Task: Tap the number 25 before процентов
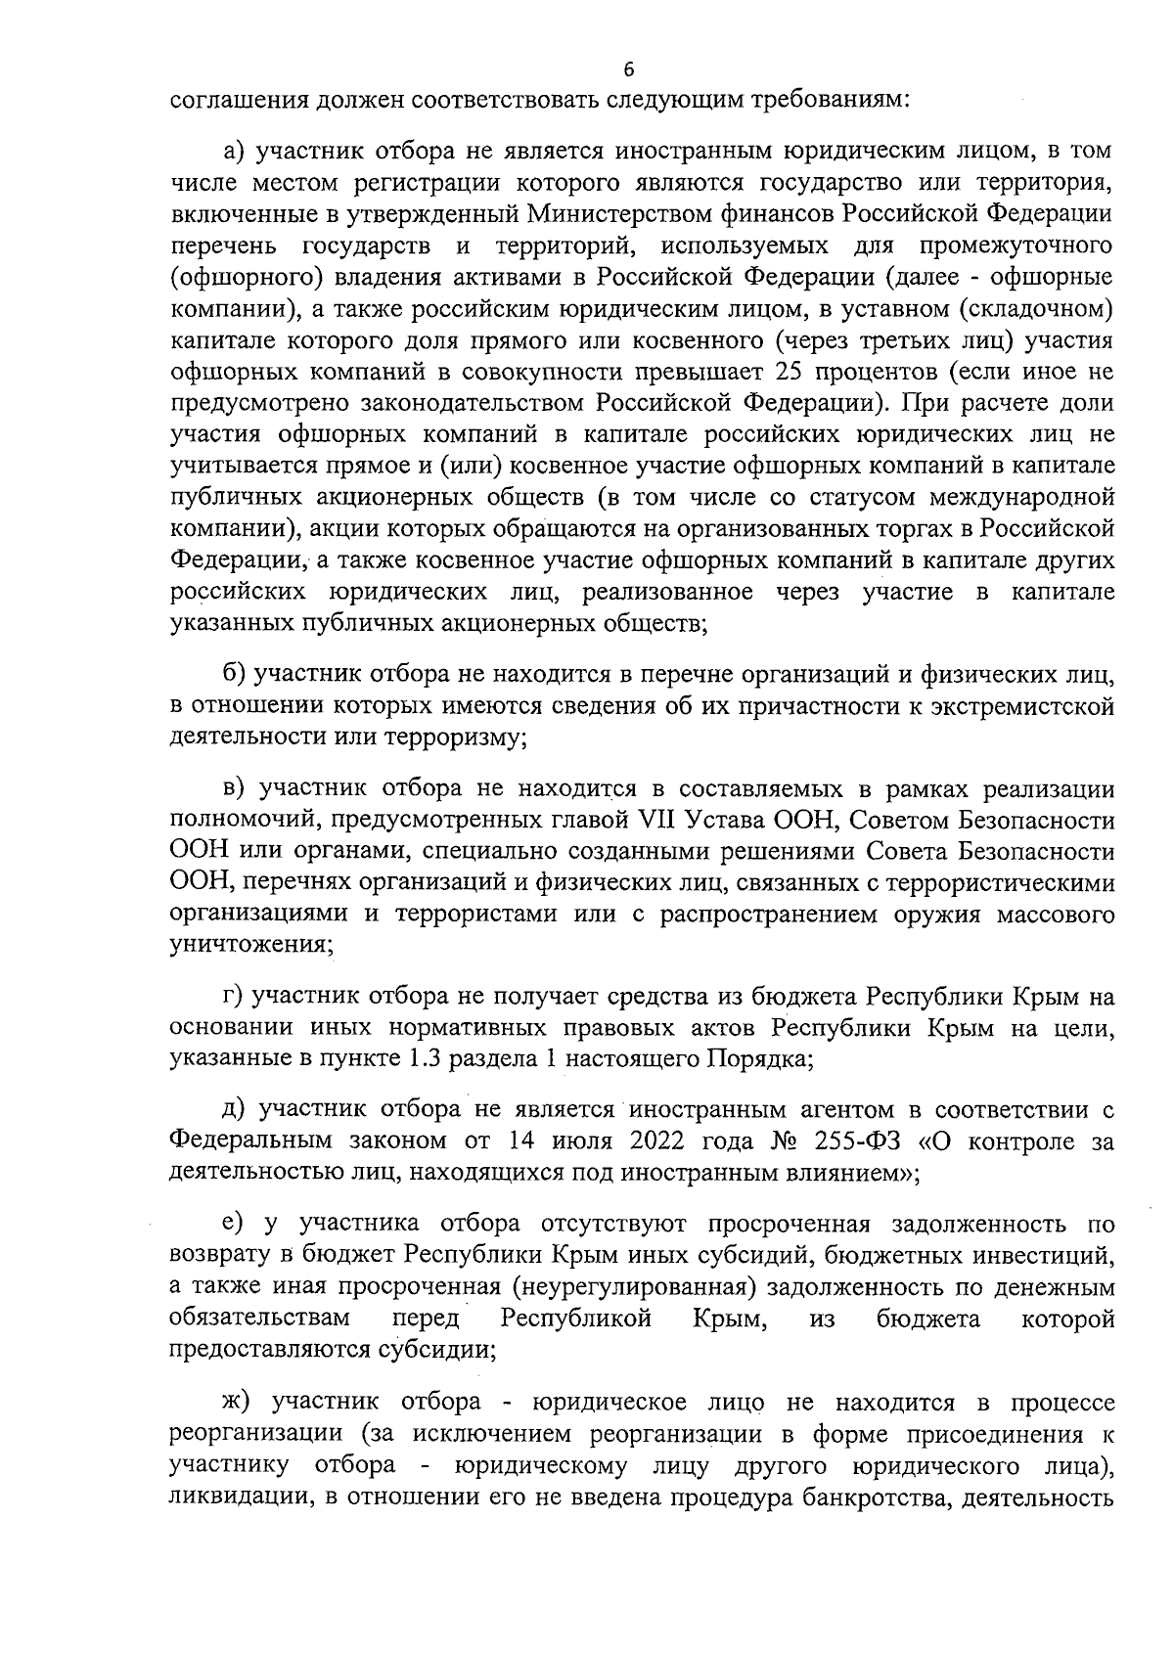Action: pos(789,372)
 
